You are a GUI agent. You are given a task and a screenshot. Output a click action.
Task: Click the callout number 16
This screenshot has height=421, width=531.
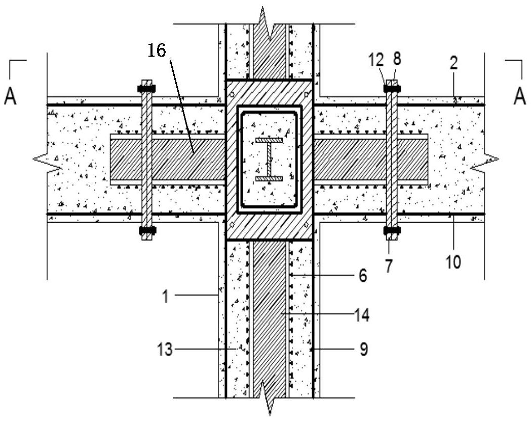[157, 51]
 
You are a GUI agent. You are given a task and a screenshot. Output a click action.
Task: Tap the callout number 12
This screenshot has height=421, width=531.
[376, 60]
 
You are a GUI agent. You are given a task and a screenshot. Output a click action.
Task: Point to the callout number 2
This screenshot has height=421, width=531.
[454, 63]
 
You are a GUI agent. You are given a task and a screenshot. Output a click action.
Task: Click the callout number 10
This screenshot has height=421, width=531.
[454, 262]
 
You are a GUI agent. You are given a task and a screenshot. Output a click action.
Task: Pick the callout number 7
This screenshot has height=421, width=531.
[389, 266]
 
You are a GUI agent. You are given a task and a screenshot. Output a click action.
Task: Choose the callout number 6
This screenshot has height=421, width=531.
[363, 276]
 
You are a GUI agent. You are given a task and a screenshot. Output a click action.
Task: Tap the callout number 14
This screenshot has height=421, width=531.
[361, 315]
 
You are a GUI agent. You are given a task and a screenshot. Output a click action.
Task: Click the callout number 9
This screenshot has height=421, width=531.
[363, 349]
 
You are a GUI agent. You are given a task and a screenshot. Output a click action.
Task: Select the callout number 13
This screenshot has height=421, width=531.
[165, 349]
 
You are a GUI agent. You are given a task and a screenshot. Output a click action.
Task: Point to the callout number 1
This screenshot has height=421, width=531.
[165, 297]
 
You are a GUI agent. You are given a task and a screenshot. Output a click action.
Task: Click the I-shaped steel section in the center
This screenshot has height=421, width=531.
[269, 159]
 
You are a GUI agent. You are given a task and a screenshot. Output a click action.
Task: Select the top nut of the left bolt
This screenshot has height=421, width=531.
[146, 89]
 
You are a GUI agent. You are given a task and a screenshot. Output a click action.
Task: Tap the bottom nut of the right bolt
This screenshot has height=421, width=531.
[392, 231]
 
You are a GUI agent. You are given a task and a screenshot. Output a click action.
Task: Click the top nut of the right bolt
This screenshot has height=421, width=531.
[392, 89]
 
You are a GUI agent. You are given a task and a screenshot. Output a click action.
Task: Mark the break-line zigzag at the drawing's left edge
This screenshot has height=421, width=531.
[48, 159]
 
